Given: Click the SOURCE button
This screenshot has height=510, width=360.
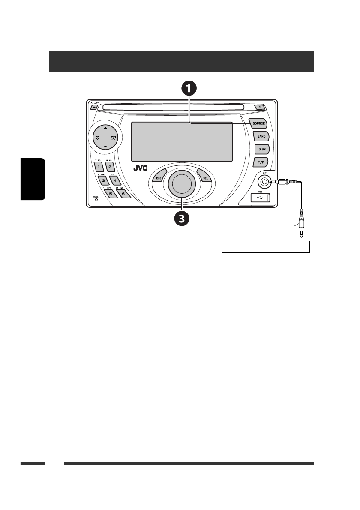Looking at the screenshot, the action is pos(258,123).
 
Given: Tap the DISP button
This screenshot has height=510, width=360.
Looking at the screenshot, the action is pos(261,149).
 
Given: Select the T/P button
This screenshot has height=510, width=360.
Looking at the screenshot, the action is pos(261,162).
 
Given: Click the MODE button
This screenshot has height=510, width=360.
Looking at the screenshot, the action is pos(158,177).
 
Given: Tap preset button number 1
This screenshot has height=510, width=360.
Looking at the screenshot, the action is pos(99,166).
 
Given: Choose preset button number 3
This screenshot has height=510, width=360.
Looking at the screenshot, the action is pos(103,180).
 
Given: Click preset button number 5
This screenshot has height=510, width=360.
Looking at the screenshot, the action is pos(110,194).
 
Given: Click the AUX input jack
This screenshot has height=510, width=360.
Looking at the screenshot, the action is pos(266,182).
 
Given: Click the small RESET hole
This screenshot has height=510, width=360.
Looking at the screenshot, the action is pos(96,199).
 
